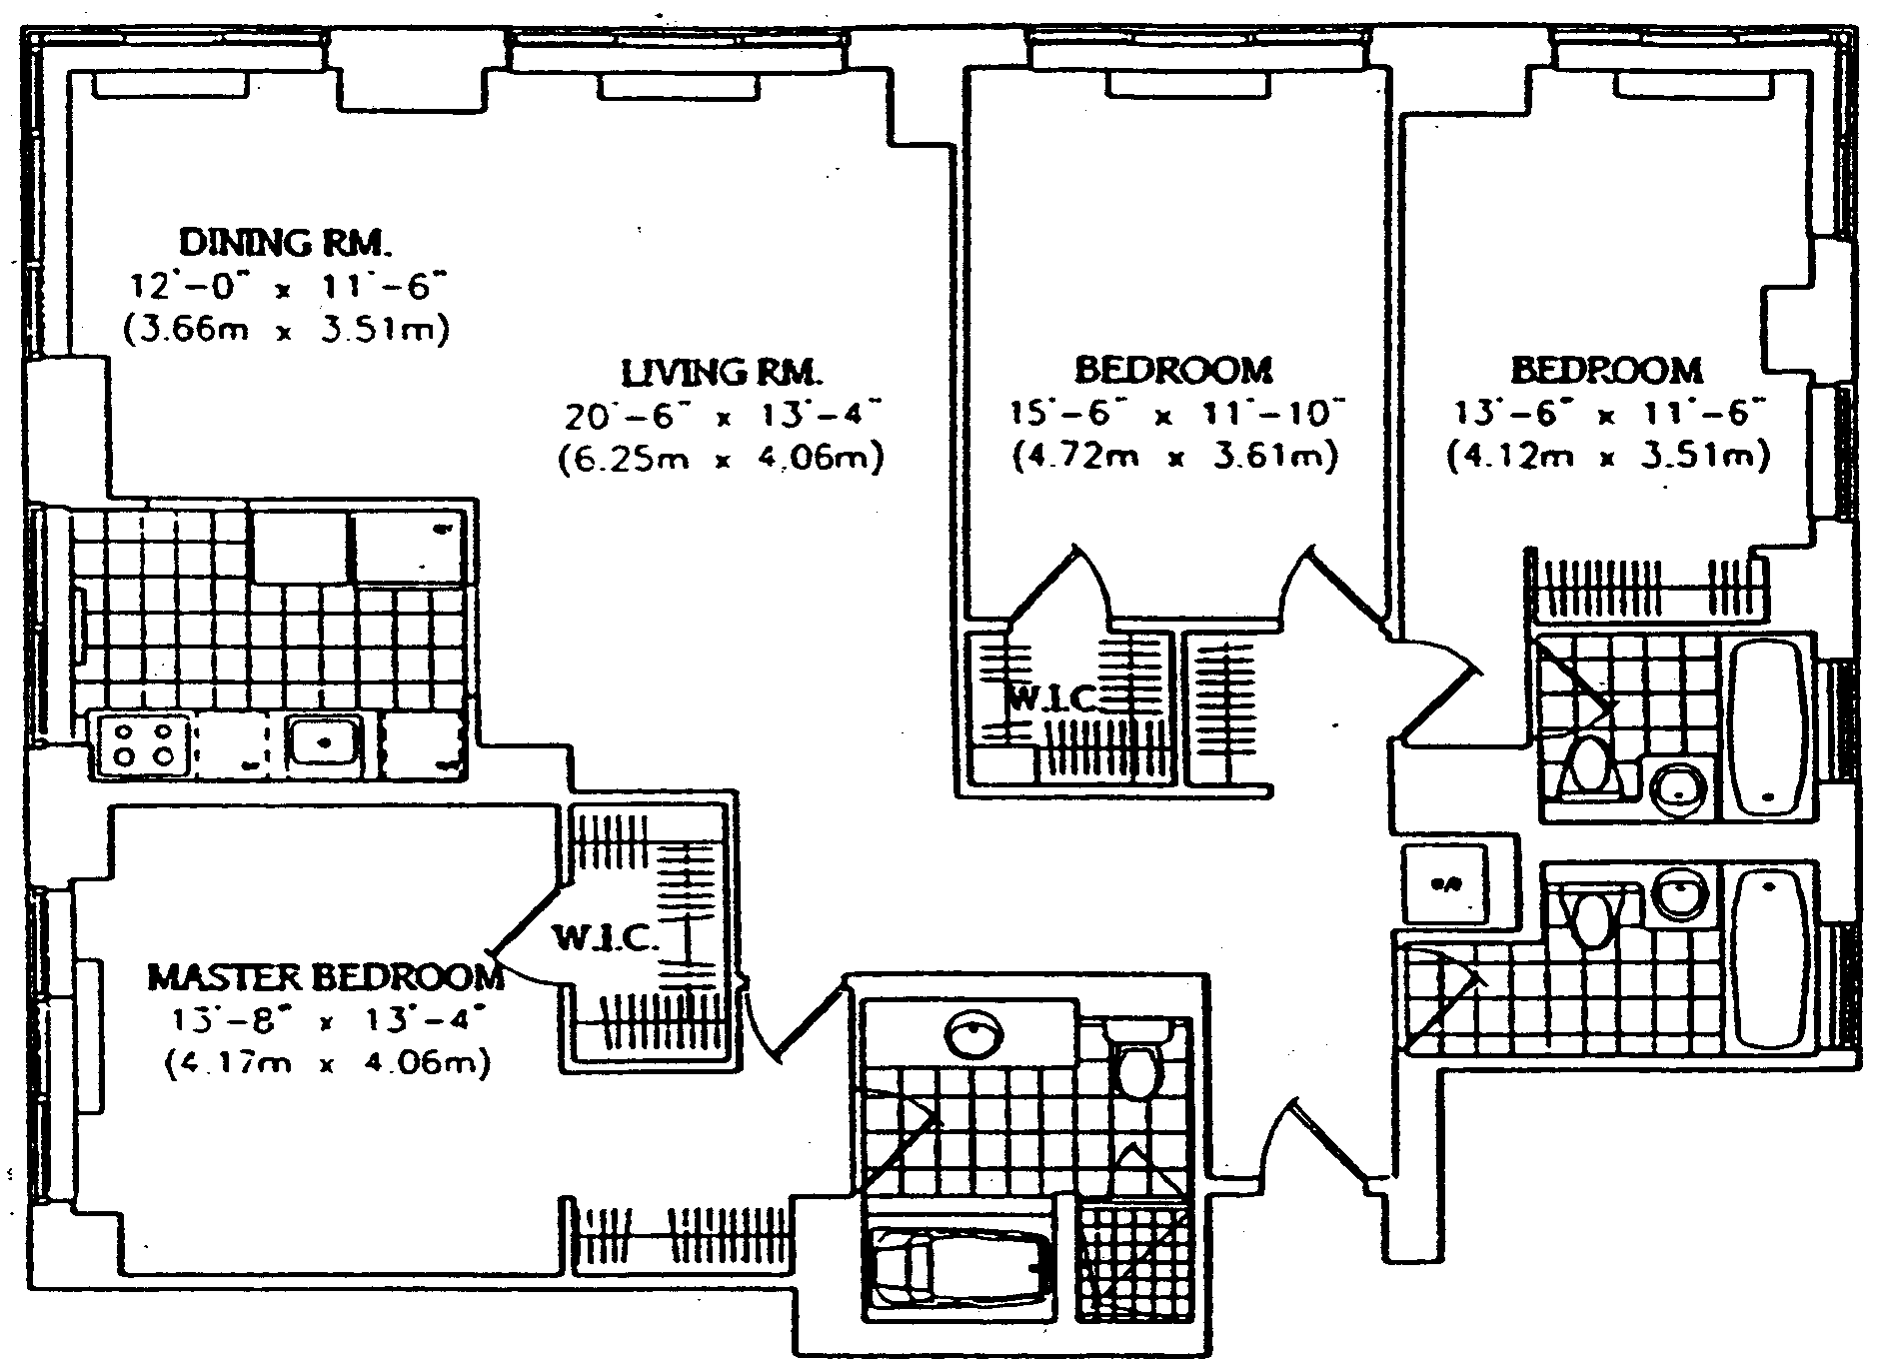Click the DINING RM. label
pos(285,242)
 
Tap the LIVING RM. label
pos(722,373)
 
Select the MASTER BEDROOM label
pos(326,976)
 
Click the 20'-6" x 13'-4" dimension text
pos(722,415)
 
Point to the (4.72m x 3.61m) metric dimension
pos(1174,458)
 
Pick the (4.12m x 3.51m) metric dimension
pos(1607,458)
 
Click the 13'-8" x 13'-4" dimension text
pos(326,1020)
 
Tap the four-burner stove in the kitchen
pos(142,743)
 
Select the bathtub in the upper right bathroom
pos(1769,726)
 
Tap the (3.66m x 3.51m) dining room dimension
pos(285,331)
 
